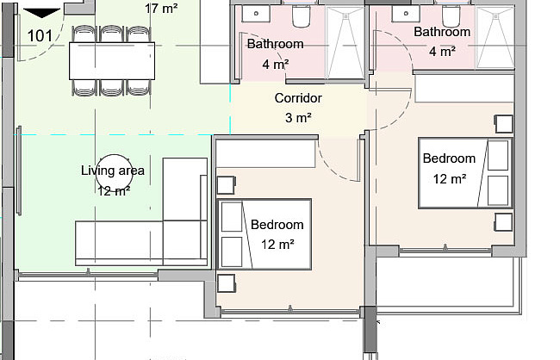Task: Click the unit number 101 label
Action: point(40,36)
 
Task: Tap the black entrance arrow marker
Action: point(42,13)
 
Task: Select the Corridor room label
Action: point(298,98)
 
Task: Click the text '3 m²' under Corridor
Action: point(298,117)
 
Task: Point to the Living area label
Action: point(113,171)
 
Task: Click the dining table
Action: point(112,60)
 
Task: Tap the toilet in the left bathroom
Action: point(301,16)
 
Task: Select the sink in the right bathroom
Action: point(406,14)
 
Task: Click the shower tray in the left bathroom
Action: point(345,43)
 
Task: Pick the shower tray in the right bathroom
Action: point(495,38)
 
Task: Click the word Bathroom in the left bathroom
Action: point(276,44)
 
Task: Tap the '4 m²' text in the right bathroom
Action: point(442,52)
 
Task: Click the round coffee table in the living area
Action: point(115,172)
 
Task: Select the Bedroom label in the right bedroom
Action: point(449,158)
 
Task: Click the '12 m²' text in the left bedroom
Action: point(277,245)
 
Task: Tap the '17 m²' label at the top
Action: point(161,9)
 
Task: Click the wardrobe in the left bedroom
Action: point(265,153)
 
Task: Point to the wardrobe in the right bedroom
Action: point(464,89)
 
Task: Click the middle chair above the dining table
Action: point(112,34)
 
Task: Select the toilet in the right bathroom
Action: point(451,16)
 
